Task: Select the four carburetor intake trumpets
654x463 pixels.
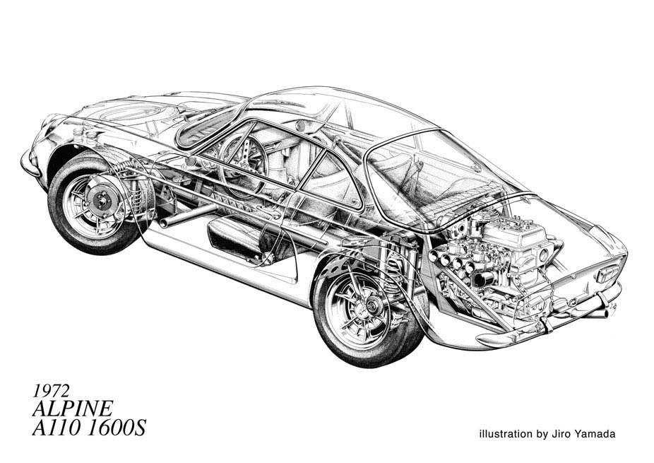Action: coord(462,266)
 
